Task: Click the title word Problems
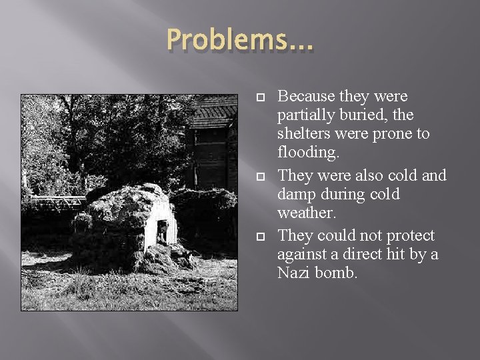[231, 41]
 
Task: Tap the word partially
[307, 115]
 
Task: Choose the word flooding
[307, 152]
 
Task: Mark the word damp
[298, 195]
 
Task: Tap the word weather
[305, 213]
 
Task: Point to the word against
[302, 255]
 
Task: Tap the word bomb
[339, 273]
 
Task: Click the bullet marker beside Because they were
[261, 99]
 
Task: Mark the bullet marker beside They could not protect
[261, 237]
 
